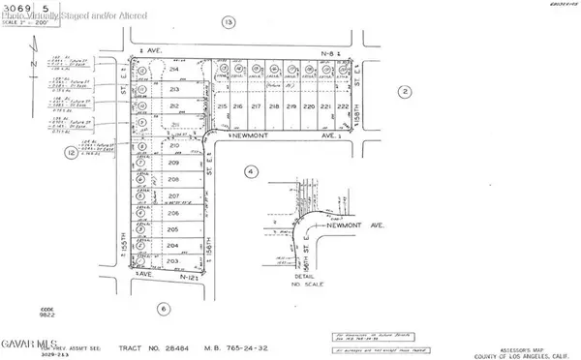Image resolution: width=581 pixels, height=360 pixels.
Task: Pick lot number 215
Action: coord(222,105)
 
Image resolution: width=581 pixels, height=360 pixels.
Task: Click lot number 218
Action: coord(274,105)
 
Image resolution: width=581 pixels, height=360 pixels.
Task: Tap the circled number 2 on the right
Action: coord(405,92)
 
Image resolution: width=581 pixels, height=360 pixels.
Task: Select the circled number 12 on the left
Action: coord(71,153)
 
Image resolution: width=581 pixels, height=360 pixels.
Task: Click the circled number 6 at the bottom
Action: coord(163,309)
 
